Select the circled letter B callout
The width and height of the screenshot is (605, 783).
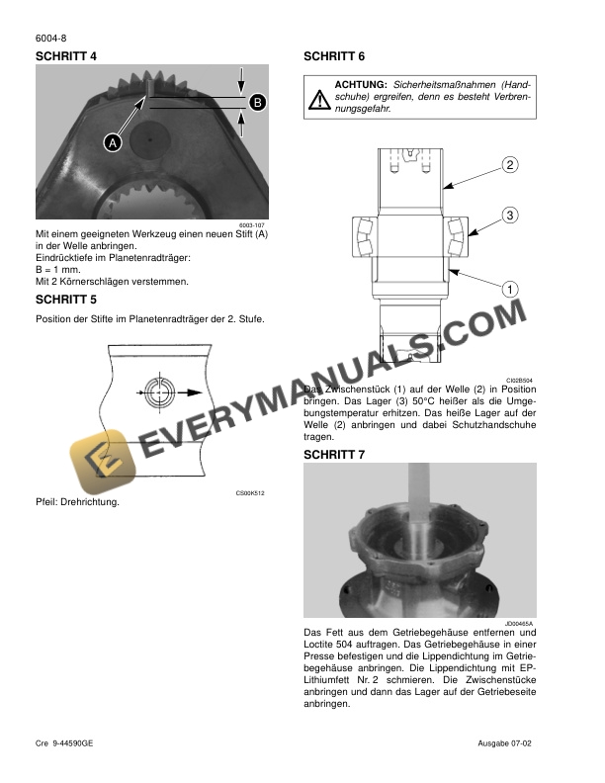[x=256, y=102]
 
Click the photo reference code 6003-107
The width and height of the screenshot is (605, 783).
[x=253, y=225]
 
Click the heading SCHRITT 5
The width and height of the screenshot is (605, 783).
[x=66, y=299]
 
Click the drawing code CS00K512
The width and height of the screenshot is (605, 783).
[x=251, y=492]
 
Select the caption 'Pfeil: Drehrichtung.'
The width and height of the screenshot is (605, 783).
[x=77, y=502]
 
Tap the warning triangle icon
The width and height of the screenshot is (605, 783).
[x=319, y=98]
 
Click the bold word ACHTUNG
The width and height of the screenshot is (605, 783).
[x=361, y=85]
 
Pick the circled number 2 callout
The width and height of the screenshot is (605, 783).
[x=510, y=164]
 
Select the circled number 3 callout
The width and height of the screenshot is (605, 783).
[x=510, y=215]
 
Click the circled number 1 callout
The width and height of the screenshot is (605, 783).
[x=510, y=289]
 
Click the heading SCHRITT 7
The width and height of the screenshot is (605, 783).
[x=335, y=454]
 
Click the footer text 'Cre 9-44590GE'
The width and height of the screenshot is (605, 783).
[x=65, y=742]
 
